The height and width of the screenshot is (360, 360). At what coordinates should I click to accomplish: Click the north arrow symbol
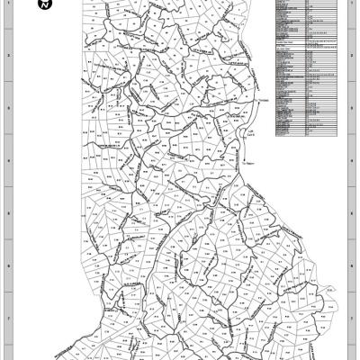pos(45,4)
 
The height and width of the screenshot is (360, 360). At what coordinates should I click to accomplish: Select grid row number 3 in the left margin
pos(9,109)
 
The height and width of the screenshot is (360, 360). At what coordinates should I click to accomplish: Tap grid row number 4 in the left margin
pos(9,161)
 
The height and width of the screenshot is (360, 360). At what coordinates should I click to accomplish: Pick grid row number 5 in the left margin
pos(9,214)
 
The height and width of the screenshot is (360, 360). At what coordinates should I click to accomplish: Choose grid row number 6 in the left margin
pos(9,266)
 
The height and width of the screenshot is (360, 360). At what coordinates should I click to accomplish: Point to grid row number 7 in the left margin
pos(9,319)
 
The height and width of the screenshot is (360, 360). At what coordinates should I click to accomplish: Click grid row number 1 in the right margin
pos(350,9)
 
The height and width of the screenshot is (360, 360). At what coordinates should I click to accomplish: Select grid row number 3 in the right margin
pos(350,109)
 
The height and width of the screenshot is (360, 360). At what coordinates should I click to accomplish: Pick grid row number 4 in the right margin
pos(350,161)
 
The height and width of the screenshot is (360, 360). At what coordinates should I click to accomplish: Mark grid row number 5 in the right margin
pos(350,214)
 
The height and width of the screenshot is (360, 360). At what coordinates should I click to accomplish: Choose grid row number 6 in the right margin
pos(350,266)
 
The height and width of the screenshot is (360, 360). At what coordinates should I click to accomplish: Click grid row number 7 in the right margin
pos(350,319)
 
